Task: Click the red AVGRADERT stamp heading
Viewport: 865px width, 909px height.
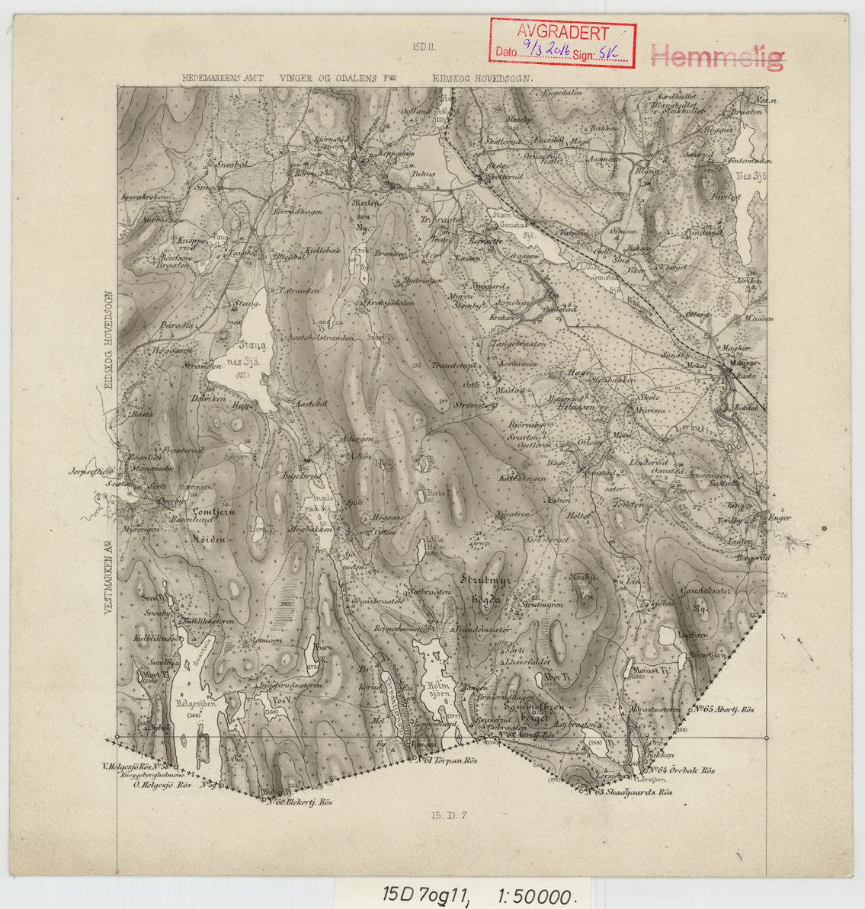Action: tap(562, 33)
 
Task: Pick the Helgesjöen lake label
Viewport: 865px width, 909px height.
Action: tap(196, 704)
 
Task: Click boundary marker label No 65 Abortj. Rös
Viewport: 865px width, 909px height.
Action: tap(725, 709)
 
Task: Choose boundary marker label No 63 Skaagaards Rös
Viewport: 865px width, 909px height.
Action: tap(633, 792)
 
